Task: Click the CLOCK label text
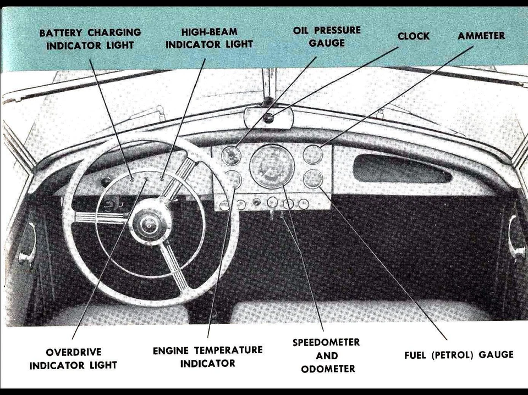point(413,36)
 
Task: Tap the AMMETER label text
point(481,36)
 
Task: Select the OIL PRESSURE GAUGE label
point(327,36)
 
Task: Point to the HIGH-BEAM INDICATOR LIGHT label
point(209,38)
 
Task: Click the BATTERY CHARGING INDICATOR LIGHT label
point(90,39)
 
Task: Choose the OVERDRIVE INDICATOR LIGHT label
point(73,358)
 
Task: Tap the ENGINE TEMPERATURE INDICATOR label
point(207,356)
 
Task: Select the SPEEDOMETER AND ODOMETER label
point(326,355)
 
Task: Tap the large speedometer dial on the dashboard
point(272,166)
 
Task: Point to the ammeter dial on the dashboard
point(312,154)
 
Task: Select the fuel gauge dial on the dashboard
point(312,179)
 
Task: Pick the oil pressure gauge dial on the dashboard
point(231,155)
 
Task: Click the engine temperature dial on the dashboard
point(233,179)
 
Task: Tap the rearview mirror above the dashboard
point(268,118)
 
